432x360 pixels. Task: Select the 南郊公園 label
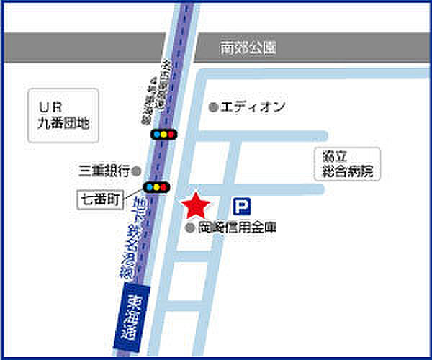(248, 49)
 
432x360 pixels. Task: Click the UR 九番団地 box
(64, 114)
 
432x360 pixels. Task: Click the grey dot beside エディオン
(213, 107)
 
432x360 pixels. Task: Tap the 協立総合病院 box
(346, 165)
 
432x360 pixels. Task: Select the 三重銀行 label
(104, 171)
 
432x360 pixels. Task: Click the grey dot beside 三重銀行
(135, 171)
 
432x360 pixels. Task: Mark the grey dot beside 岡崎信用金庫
(190, 228)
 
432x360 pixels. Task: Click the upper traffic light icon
(163, 135)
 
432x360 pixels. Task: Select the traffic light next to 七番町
(156, 187)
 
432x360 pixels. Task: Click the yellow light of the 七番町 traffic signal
(156, 187)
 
